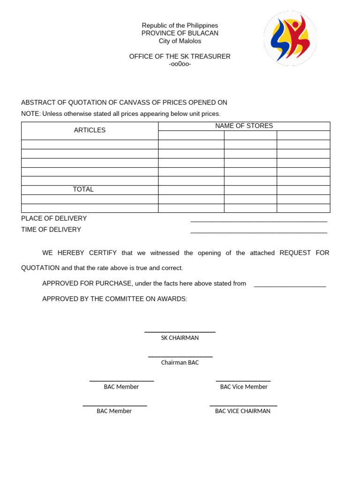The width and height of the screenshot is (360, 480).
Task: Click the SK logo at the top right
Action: [x=290, y=38]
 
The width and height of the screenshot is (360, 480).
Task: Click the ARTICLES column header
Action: [x=90, y=130]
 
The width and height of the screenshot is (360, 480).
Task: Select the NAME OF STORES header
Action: [x=244, y=126]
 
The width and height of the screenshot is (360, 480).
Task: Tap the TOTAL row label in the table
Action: [x=83, y=189]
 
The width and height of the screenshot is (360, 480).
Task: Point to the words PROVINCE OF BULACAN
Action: [x=180, y=33]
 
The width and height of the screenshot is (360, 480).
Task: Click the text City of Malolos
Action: [x=180, y=41]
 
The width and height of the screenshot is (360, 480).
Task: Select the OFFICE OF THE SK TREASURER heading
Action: [x=180, y=57]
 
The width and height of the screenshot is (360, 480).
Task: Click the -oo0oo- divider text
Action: [x=180, y=64]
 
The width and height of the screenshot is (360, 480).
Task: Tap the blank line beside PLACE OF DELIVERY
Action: [x=259, y=220]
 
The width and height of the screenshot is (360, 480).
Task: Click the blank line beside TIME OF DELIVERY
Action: [x=259, y=232]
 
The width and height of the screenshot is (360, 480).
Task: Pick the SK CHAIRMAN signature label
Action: [x=180, y=338]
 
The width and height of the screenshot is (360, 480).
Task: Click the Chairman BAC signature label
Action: [x=180, y=362]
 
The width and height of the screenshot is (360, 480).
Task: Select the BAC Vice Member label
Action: [x=244, y=387]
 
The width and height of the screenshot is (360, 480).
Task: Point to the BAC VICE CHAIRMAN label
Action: [x=243, y=411]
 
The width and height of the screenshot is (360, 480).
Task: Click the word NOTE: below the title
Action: [x=31, y=114]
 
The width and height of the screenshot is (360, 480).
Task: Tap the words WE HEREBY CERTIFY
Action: [x=80, y=253]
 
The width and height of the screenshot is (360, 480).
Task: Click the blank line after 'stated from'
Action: [x=290, y=285]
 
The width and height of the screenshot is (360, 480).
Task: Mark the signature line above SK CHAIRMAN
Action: [x=180, y=332]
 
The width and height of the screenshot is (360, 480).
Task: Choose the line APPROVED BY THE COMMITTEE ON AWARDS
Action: [x=115, y=299]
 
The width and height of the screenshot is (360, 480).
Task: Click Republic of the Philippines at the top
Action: [x=180, y=25]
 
